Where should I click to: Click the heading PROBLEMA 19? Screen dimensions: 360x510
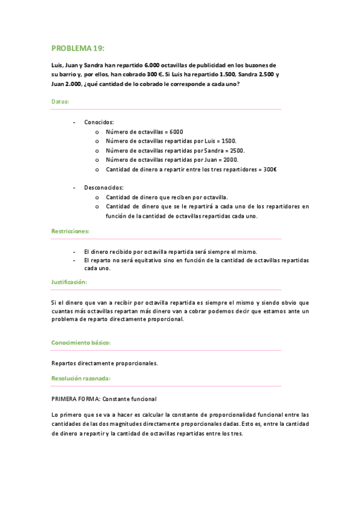[78, 48]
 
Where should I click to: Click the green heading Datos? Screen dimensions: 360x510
[60, 102]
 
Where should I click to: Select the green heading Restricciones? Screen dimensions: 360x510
[70, 231]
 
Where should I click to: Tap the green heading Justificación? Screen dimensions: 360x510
[69, 282]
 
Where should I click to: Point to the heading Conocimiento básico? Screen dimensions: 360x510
[81, 343]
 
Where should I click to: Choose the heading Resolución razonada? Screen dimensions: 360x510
[81, 378]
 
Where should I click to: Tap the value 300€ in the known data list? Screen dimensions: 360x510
[270, 170]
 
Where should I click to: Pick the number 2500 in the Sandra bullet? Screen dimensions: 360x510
[236, 150]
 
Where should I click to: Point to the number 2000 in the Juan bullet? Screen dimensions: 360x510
[230, 160]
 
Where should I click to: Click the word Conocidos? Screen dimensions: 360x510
[99, 121]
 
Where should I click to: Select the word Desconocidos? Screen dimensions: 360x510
[104, 188]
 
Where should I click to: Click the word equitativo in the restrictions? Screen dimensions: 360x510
[147, 260]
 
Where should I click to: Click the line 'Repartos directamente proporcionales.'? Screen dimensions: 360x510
[104, 363]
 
